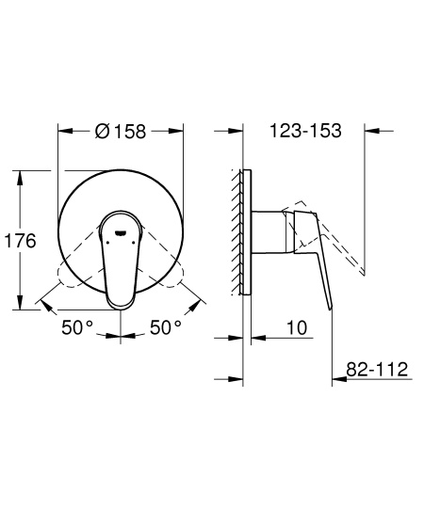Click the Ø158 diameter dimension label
click(x=121, y=132)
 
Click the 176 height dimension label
click(x=20, y=241)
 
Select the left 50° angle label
click(x=76, y=327)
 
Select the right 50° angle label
click(x=164, y=327)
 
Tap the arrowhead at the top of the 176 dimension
click(x=20, y=173)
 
